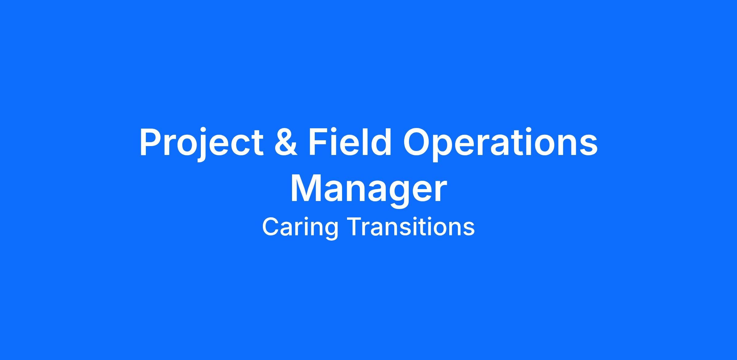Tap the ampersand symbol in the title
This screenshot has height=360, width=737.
coord(286,142)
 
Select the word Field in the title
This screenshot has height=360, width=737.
coord(350,141)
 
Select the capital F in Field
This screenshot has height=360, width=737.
coord(319,142)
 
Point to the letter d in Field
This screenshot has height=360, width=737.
coord(381,141)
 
